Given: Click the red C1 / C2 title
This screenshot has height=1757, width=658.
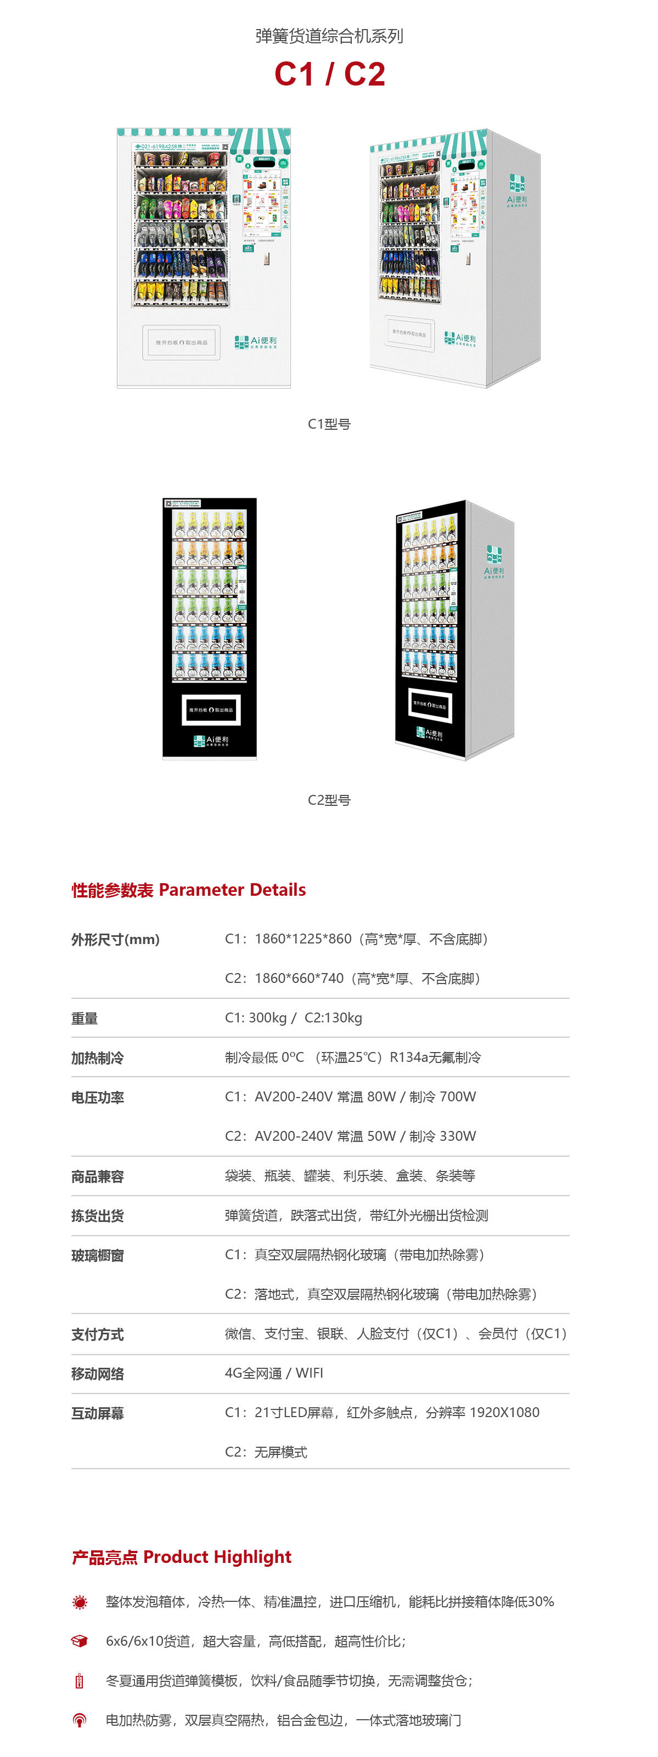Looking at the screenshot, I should coord(330,73).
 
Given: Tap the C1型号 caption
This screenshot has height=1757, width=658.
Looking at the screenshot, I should coord(329,424).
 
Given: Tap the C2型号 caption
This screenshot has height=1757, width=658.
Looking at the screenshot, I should coord(329,800).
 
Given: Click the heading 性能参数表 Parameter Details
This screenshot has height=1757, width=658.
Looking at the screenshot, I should coord(188,889).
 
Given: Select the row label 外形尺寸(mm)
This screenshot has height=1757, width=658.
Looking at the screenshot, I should coord(115,939).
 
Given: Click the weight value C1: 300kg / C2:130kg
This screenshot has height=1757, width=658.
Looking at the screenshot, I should coord(294,1017).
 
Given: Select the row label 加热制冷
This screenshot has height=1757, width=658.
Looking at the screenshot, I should coord(98,1058).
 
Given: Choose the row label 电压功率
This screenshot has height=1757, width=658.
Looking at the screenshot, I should coord(98,1098).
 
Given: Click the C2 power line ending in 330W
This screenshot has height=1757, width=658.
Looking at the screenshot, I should coord(350,1136).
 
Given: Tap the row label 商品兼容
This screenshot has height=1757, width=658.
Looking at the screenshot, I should coord(98,1176).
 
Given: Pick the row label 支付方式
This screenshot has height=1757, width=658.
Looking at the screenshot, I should coord(98,1335).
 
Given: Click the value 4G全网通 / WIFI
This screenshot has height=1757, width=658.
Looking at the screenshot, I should coord(274,1373).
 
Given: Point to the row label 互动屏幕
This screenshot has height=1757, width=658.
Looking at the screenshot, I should coord(98,1413).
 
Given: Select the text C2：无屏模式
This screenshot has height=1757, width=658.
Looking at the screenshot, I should coord(266,1452).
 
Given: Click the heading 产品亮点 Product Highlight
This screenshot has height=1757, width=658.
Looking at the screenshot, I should coord(182,1557).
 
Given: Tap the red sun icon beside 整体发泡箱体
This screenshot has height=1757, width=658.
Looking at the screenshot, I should coord(80,1602).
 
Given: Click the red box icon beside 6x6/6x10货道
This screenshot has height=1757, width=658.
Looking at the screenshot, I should coord(80,1641).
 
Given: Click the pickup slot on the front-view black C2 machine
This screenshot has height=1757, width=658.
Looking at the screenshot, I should coord(211,709).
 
